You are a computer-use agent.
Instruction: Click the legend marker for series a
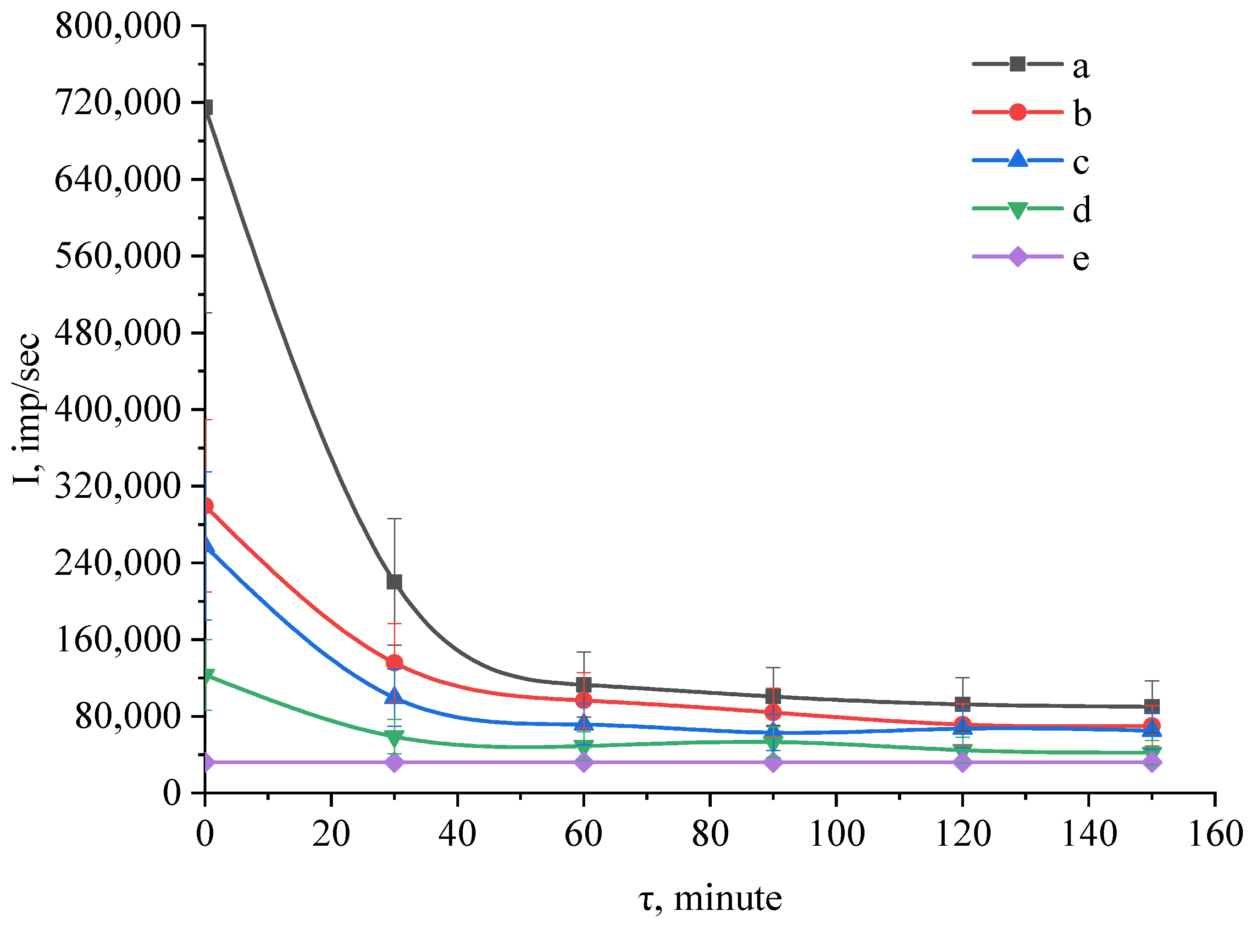coord(1017,64)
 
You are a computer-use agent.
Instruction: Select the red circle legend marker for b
coord(1017,112)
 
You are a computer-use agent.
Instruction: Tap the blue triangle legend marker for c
coord(1017,160)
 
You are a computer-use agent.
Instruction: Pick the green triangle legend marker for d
coord(1017,209)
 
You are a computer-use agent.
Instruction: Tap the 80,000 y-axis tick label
coord(128,716)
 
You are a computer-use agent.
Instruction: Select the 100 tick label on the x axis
coord(837,834)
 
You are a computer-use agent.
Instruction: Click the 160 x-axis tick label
coord(1215,834)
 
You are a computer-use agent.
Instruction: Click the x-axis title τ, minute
coord(710,898)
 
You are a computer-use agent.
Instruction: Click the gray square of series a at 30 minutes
coord(394,582)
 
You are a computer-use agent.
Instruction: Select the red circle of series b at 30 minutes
coord(394,663)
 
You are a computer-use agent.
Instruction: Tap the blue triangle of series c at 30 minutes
coord(394,696)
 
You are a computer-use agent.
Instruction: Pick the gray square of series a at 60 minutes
coord(584,685)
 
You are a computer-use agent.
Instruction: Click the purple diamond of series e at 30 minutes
coord(394,763)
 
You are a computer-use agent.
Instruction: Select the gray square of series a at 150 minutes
coord(1152,705)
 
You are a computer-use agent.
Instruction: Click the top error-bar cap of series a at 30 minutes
coord(394,518)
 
